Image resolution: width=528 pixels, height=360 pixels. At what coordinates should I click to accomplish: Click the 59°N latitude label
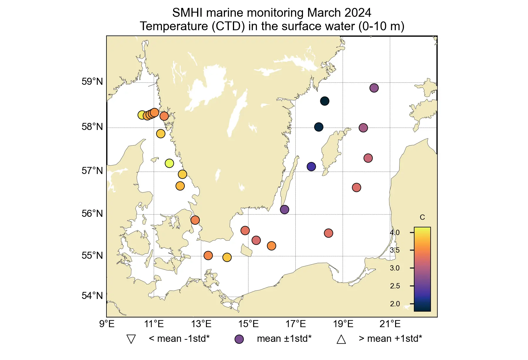[x=92, y=82]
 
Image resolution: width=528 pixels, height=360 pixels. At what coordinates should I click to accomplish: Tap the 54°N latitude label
[x=92, y=296]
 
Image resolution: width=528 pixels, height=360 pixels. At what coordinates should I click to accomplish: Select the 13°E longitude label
[x=201, y=324]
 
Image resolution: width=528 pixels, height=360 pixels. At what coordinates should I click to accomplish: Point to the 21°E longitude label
[x=390, y=324]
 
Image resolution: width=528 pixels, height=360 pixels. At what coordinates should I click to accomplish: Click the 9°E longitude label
[x=107, y=324]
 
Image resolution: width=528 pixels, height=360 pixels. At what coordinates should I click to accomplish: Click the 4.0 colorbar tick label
[x=395, y=233]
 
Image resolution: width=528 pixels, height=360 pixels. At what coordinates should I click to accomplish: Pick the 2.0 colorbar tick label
[x=395, y=304]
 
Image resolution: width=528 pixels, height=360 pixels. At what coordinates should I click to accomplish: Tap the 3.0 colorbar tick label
[x=395, y=268]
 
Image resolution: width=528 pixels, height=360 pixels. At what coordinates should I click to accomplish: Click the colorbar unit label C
[x=422, y=217]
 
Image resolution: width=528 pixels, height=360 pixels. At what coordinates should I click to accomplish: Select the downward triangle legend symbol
[x=131, y=339]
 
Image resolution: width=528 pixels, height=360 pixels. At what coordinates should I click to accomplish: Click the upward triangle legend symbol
[x=341, y=339]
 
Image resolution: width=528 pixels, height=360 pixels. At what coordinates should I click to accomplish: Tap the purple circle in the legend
[x=239, y=339]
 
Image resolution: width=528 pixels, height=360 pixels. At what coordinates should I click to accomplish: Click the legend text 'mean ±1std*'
[x=284, y=339]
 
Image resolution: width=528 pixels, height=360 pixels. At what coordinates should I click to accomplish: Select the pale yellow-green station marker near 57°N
[x=169, y=163]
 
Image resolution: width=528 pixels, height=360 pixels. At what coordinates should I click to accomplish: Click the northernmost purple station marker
[x=374, y=88]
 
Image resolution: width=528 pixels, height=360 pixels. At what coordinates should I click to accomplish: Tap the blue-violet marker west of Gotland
[x=311, y=167]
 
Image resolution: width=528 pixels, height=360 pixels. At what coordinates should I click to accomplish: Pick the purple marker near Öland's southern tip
[x=285, y=209]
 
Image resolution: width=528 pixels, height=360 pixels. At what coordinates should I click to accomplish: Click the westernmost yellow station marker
[x=142, y=115]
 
